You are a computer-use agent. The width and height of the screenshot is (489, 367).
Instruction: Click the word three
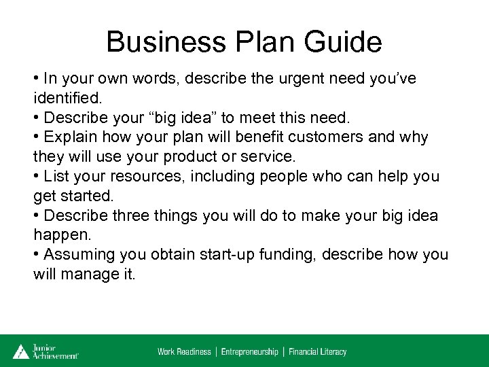pos(132,216)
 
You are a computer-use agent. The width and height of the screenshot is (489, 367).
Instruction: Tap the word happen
pos(60,236)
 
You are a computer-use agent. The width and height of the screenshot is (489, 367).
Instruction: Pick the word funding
pos(281,255)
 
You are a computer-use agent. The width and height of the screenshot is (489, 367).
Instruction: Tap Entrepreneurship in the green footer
pos(250,352)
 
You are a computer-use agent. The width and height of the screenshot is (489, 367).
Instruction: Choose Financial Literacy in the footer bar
pos(317,352)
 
